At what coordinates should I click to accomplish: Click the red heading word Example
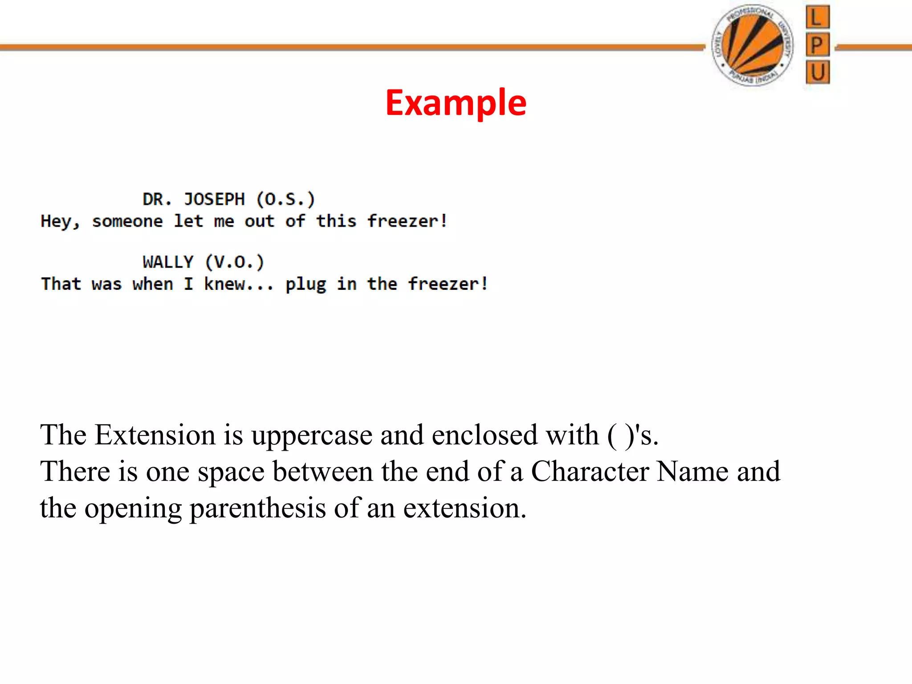click(456, 103)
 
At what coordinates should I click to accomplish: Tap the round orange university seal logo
click(752, 45)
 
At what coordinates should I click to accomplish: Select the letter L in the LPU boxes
click(818, 18)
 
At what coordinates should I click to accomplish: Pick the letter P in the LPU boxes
click(818, 45)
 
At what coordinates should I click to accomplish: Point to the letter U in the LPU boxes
click(818, 72)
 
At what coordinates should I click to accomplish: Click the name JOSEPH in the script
click(214, 199)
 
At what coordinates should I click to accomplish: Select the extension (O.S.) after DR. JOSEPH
click(285, 199)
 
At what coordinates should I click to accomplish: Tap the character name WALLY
click(168, 262)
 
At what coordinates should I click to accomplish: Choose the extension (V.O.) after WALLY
click(235, 262)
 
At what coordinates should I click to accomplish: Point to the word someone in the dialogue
click(127, 221)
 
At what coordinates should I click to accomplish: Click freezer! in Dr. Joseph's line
click(407, 221)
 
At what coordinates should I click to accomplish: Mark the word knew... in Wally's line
click(239, 284)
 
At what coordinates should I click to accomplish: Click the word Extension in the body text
click(155, 435)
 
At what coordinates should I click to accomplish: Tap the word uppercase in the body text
click(312, 436)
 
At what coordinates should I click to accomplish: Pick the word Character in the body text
click(590, 471)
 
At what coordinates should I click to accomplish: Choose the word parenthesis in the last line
click(258, 508)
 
